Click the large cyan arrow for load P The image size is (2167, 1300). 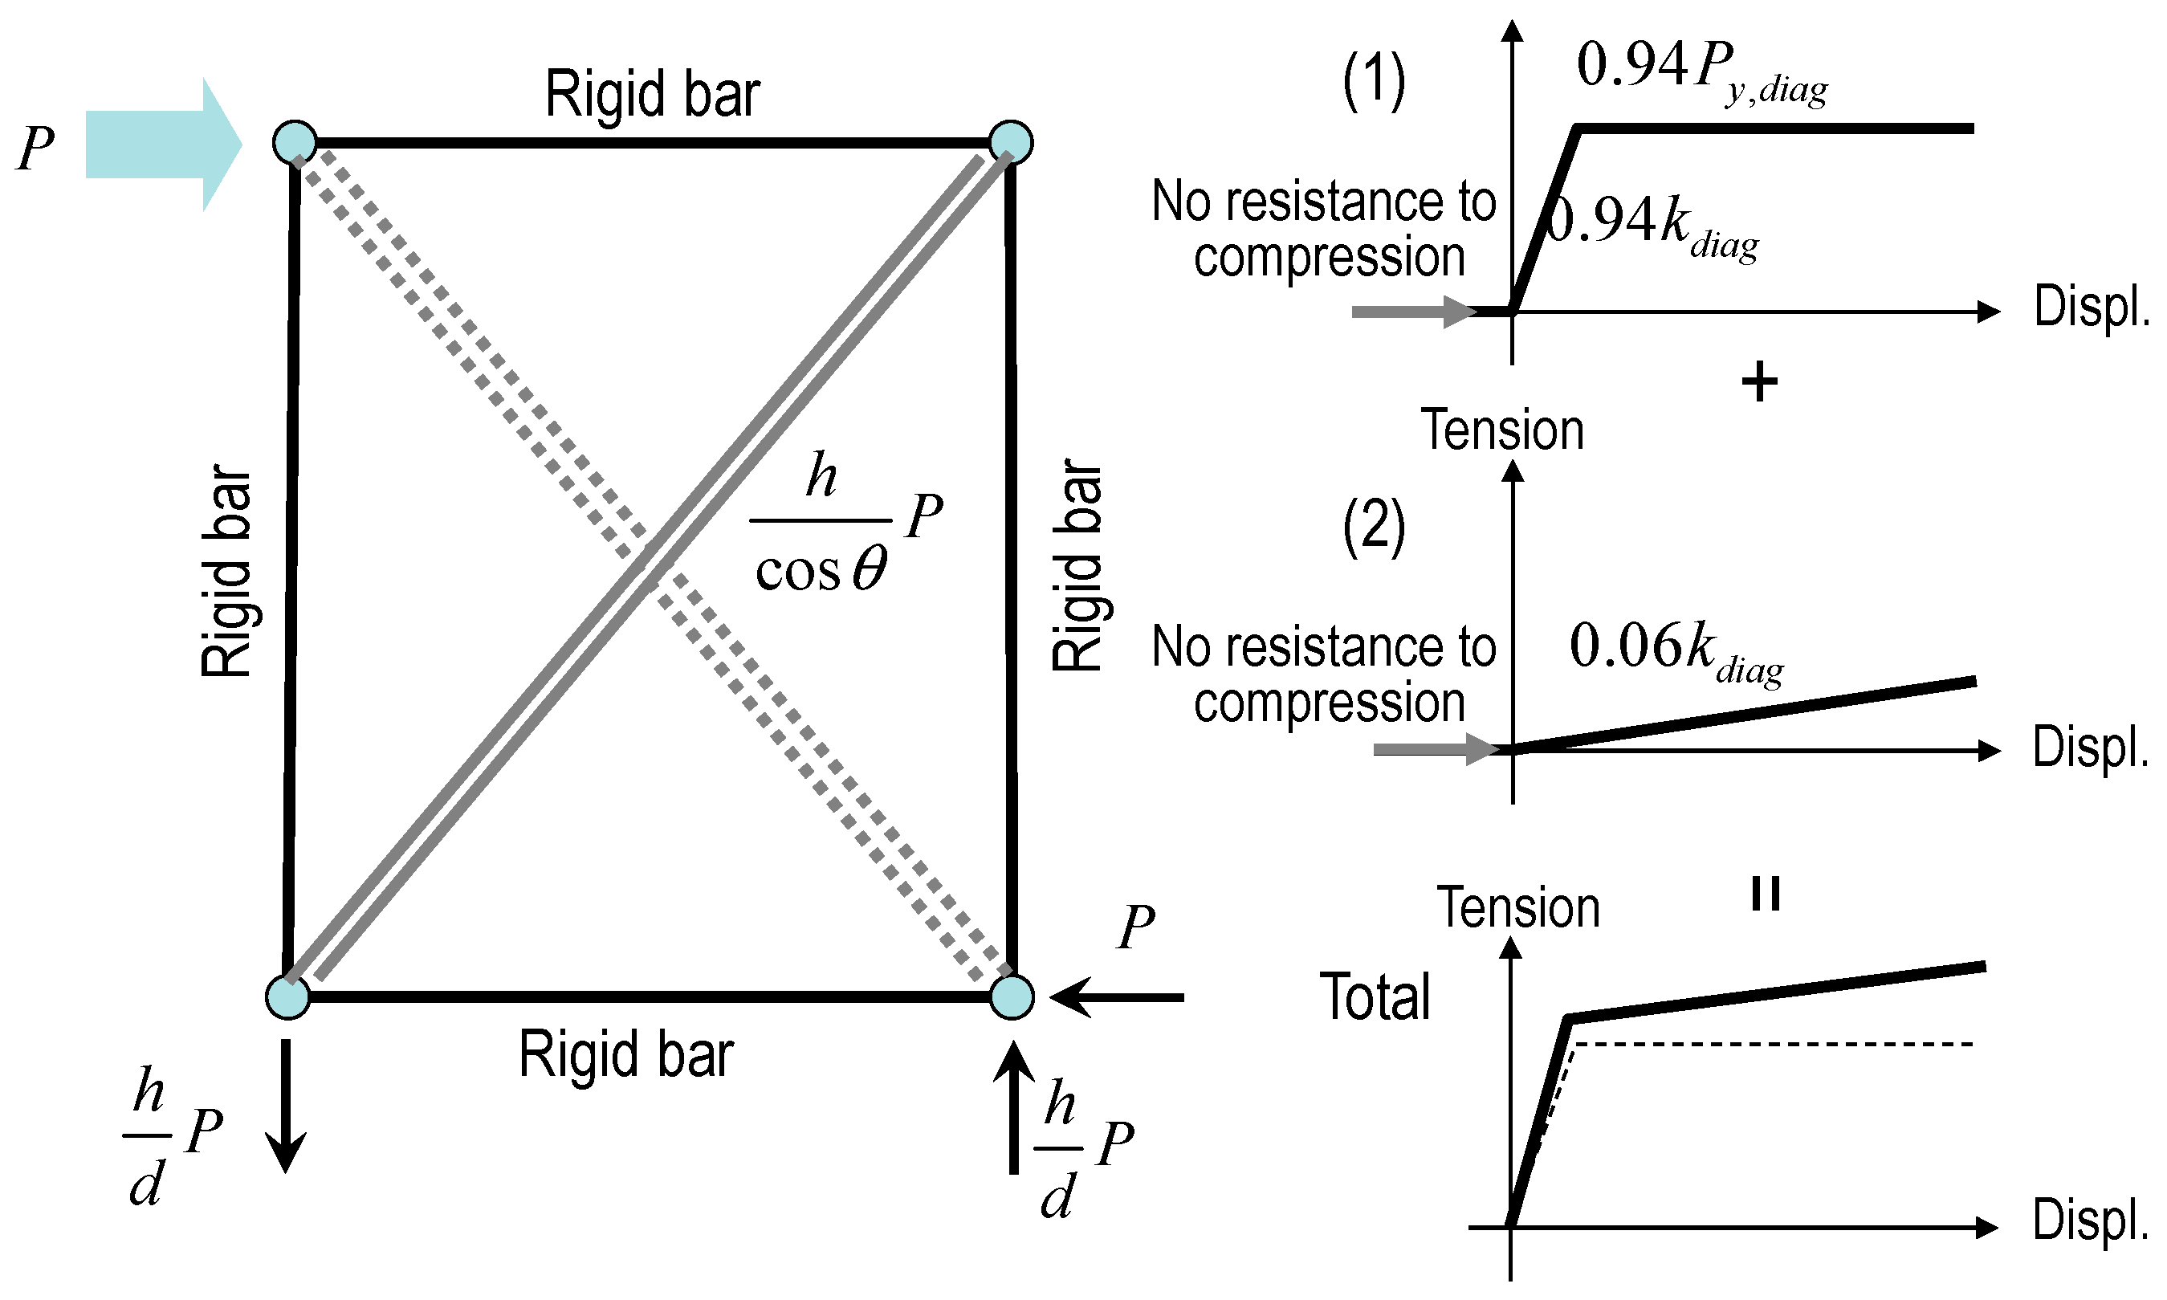[x=162, y=145]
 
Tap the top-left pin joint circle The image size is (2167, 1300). [x=295, y=142]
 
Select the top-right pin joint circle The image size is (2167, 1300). [x=1011, y=142]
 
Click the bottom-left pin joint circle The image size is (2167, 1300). [x=287, y=997]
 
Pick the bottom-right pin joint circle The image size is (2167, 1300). [x=1012, y=997]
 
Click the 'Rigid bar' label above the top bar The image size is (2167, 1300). [x=652, y=94]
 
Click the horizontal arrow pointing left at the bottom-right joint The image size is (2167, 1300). [x=1116, y=997]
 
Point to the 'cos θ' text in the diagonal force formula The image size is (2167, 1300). [x=821, y=571]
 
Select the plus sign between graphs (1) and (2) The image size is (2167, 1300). [x=1760, y=383]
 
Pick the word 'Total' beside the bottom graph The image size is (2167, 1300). [x=1375, y=997]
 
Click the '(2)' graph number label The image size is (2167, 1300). [x=1374, y=526]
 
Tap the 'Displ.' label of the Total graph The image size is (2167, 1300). [x=2090, y=1220]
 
